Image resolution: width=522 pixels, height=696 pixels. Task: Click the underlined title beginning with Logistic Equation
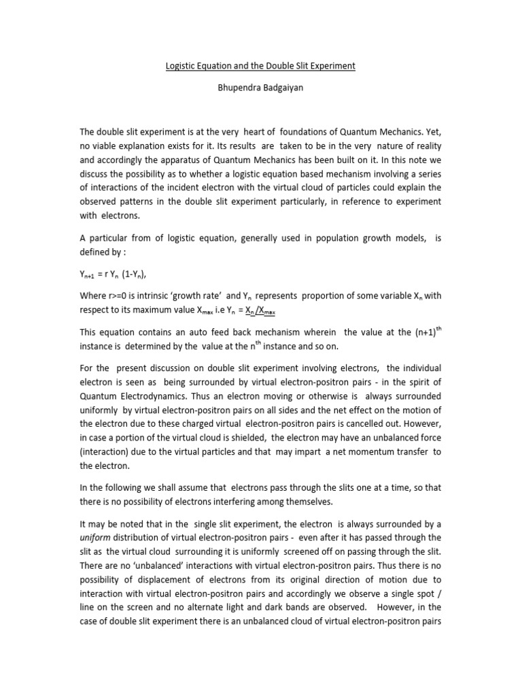pyautogui.click(x=261, y=66)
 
